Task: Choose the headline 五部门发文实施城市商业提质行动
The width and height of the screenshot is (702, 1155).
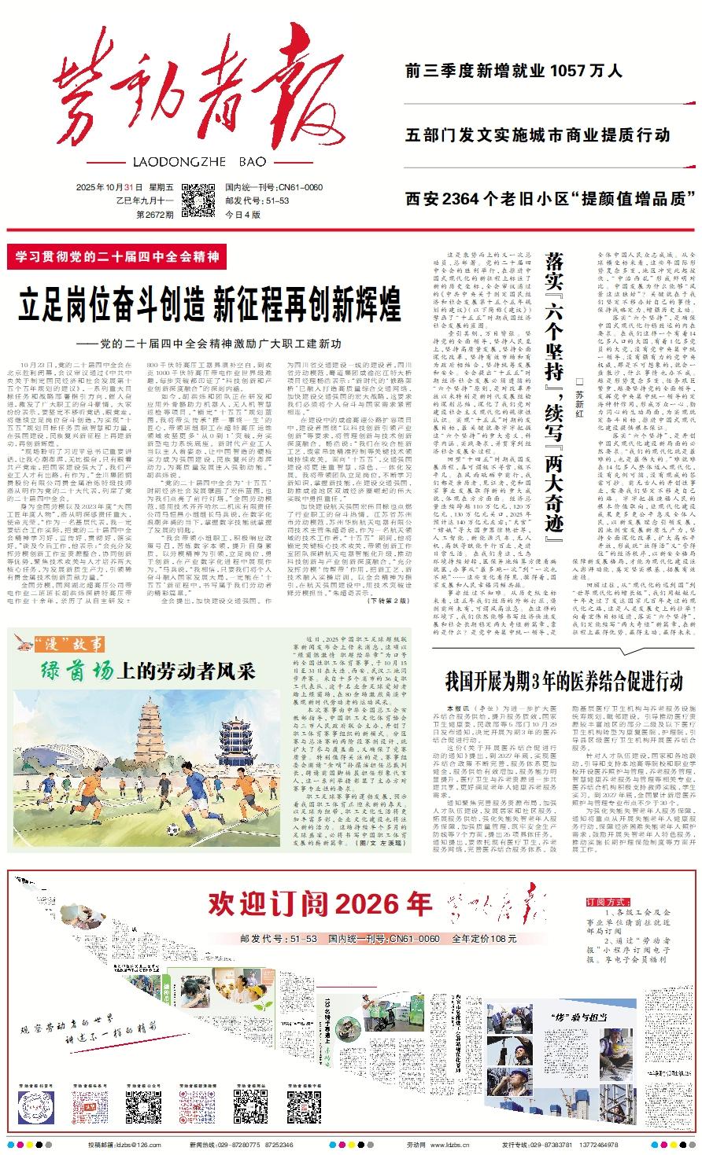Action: (538, 134)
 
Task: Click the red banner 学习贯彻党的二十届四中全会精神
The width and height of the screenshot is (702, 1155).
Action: (116, 256)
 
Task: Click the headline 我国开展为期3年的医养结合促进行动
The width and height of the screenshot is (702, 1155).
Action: (563, 680)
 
